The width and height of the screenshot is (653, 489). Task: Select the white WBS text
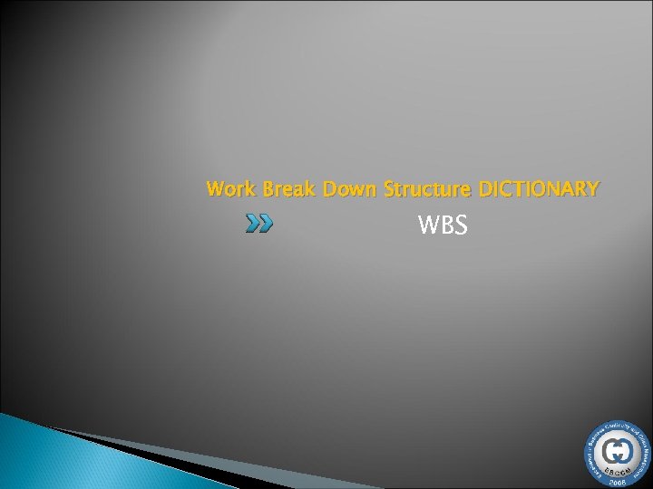[443, 225]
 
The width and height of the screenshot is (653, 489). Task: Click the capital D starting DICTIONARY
[483, 190]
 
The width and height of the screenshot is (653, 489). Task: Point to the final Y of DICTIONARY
[592, 190]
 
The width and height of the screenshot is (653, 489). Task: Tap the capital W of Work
[213, 190]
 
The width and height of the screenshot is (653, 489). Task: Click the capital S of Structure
[389, 190]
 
